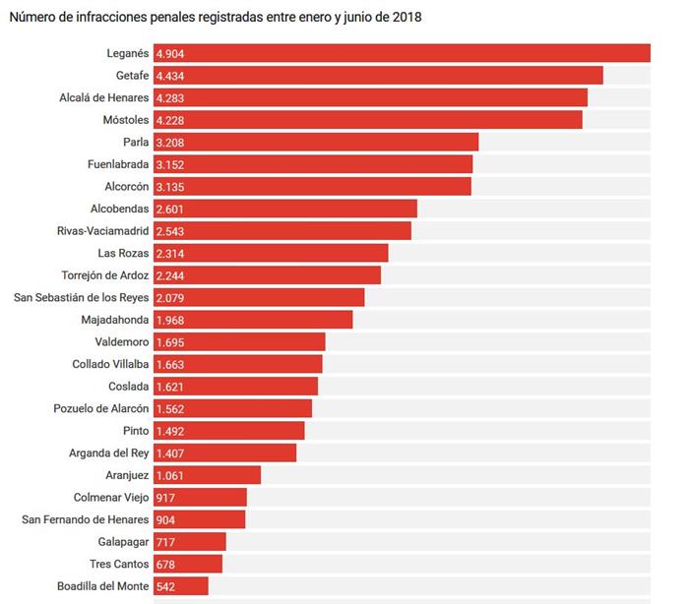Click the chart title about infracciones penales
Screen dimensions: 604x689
[215, 18]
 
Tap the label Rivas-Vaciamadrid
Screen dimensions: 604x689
[103, 230]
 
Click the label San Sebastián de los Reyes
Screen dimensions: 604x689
[82, 297]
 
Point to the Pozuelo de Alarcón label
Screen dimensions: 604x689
[100, 408]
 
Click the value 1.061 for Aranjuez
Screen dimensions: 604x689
[170, 475]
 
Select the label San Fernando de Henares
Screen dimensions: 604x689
[86, 519]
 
